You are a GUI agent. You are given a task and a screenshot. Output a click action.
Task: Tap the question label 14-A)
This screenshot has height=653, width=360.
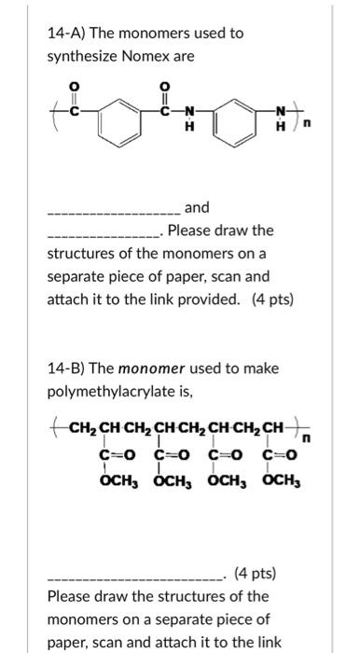(x=66, y=33)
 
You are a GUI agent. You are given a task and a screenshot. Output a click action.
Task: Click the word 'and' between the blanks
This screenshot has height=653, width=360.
(x=198, y=207)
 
